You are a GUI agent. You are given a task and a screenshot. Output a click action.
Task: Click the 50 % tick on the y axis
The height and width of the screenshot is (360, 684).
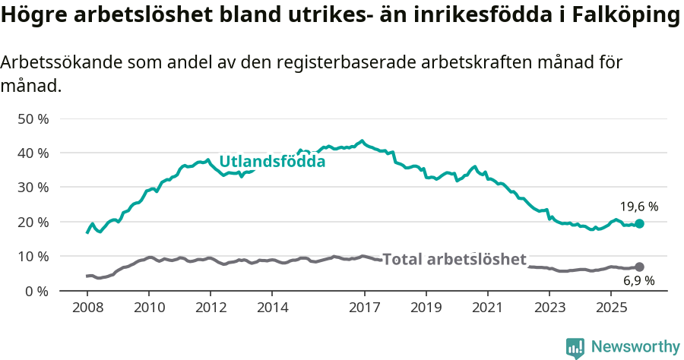[33, 118]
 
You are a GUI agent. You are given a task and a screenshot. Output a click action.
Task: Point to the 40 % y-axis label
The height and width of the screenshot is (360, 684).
[33, 153]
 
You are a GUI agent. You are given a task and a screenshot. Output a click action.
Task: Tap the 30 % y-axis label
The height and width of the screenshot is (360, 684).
[33, 187]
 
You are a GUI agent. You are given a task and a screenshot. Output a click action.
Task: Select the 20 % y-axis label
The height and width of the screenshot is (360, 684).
[33, 222]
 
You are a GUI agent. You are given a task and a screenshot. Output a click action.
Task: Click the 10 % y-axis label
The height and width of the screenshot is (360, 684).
[33, 256]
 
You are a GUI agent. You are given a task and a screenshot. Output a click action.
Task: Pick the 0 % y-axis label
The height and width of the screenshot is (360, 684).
[36, 291]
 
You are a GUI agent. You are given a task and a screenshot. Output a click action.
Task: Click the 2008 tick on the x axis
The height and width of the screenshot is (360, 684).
[87, 308]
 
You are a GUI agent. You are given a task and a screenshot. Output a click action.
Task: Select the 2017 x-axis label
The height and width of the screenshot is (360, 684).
[364, 308]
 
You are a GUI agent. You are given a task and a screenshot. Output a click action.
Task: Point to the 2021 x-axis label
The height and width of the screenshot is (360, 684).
[487, 308]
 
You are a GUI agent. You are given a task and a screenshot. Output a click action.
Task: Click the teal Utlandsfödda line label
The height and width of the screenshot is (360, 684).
[272, 161]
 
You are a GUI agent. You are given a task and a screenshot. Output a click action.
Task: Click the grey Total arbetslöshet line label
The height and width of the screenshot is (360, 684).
[454, 259]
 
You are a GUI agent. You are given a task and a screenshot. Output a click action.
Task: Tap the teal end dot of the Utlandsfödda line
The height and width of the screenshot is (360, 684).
[639, 223]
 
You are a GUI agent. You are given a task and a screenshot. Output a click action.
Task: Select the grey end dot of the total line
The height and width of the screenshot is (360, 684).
[639, 267]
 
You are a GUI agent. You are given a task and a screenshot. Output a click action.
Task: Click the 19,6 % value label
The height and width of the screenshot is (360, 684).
[638, 207]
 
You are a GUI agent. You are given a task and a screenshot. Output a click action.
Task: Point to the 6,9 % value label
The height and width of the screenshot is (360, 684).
[638, 281]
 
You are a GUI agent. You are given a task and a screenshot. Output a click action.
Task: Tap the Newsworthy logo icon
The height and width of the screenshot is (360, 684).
[575, 347]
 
